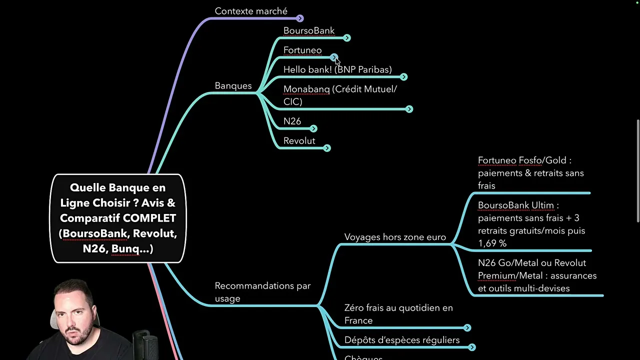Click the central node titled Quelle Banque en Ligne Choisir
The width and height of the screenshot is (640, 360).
[118, 218]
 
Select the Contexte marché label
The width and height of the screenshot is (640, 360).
[251, 11]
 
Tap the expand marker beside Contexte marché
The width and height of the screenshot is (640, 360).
[300, 18]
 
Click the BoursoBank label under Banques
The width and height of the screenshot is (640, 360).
[309, 30]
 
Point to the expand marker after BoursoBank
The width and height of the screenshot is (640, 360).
[347, 38]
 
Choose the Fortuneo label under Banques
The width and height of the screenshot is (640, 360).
[302, 50]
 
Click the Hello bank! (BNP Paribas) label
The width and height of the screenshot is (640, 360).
[337, 69]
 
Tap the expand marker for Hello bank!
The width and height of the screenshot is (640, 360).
[404, 77]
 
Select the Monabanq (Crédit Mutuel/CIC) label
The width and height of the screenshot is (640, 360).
[340, 95]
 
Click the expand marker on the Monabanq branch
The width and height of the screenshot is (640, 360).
[409, 109]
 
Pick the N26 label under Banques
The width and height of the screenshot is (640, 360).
[292, 121]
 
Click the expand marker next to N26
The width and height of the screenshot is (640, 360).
[314, 128]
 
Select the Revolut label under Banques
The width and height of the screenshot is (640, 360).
[299, 140]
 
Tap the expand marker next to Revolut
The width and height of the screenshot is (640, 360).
[327, 148]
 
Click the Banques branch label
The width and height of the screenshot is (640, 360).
[233, 85]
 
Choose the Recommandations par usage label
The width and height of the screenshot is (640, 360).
[262, 292]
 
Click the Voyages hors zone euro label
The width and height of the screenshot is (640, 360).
[395, 237]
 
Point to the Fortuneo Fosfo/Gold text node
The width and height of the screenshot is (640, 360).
[530, 173]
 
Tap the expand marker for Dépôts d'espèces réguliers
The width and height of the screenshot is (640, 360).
[471, 347]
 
